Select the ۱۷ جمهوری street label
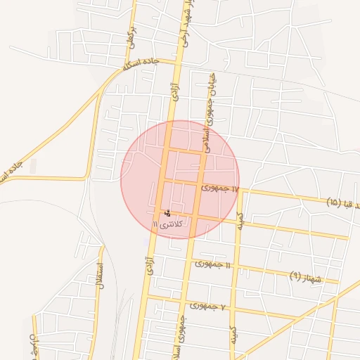pyautogui.click(x=221, y=188)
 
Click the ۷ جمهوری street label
pyautogui.click(x=207, y=306)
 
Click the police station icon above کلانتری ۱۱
pyautogui.click(x=167, y=212)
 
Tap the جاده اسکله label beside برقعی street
pyautogui.click(x=141, y=65)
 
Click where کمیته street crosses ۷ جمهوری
pyautogui.click(x=233, y=309)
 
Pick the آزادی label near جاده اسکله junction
pyautogui.click(x=174, y=89)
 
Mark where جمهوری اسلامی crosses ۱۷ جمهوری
pyautogui.click(x=200, y=185)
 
